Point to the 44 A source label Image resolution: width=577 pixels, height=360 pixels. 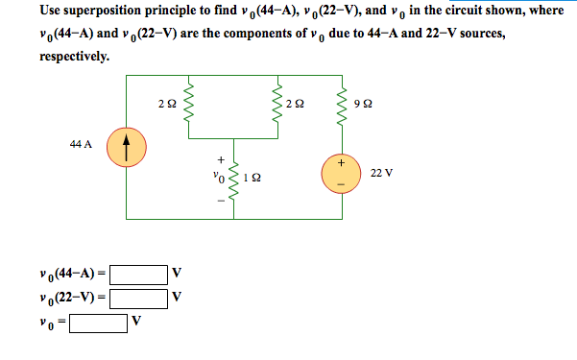click(x=81, y=145)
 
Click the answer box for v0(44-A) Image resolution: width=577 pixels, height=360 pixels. click(x=138, y=275)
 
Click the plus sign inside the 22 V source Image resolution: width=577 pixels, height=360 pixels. click(x=341, y=164)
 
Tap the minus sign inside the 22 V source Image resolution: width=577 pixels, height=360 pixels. click(x=341, y=182)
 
